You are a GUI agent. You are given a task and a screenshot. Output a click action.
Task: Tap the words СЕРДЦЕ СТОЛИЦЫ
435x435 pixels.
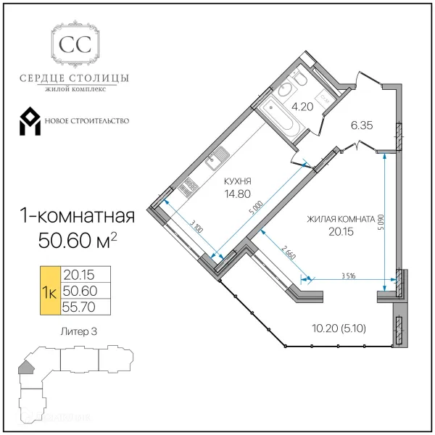coord(75,78)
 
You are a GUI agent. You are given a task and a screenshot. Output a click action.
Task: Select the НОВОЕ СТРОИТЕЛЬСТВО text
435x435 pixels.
coord(86,120)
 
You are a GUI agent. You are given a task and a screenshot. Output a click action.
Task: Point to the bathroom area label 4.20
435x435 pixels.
coord(301,107)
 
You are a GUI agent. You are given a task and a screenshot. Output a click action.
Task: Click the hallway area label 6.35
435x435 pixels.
coord(361,125)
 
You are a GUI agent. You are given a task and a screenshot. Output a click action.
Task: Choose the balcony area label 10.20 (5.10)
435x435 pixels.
coord(342,328)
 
